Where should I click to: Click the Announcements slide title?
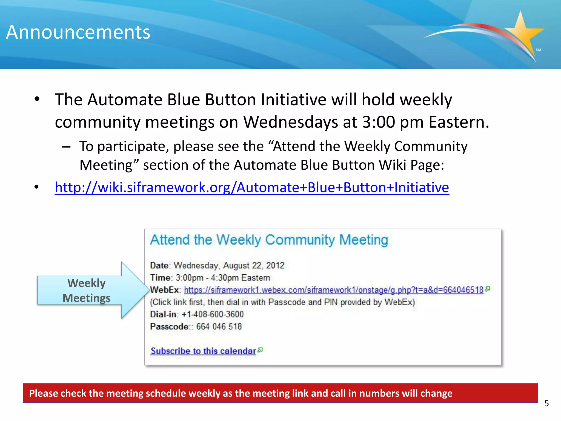coord(78,32)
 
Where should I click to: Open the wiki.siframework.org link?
coord(252,187)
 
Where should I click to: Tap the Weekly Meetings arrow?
coord(90,290)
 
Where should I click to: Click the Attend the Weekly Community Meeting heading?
coord(269,240)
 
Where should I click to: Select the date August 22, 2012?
coord(254,265)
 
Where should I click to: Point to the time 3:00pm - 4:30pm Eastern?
coord(223,278)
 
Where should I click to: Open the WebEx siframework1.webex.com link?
coord(334,290)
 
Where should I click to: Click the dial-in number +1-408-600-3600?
coord(213,314)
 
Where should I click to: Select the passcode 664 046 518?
coord(219,326)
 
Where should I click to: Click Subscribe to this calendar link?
coord(203,351)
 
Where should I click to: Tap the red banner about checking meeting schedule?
coord(280,393)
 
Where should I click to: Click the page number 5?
coord(546,403)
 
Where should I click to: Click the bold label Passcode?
coord(169,326)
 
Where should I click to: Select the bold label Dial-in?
coord(164,314)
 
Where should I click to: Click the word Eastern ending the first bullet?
coord(458,122)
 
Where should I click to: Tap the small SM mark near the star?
coord(538,50)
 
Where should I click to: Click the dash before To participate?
coord(66,147)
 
